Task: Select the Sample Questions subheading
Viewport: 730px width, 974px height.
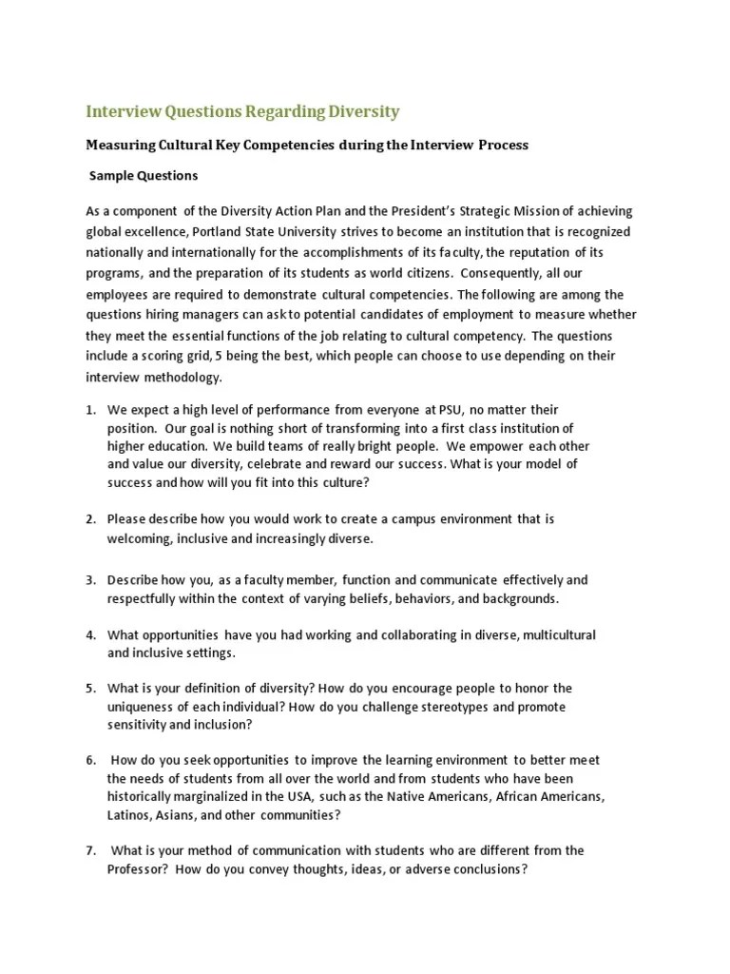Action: (x=144, y=176)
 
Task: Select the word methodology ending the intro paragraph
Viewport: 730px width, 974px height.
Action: (x=182, y=377)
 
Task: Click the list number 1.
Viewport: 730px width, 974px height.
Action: (x=90, y=410)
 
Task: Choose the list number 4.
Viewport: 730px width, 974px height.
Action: (x=90, y=635)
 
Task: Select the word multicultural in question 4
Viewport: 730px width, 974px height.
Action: (x=554, y=635)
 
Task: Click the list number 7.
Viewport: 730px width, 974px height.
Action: (x=90, y=850)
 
